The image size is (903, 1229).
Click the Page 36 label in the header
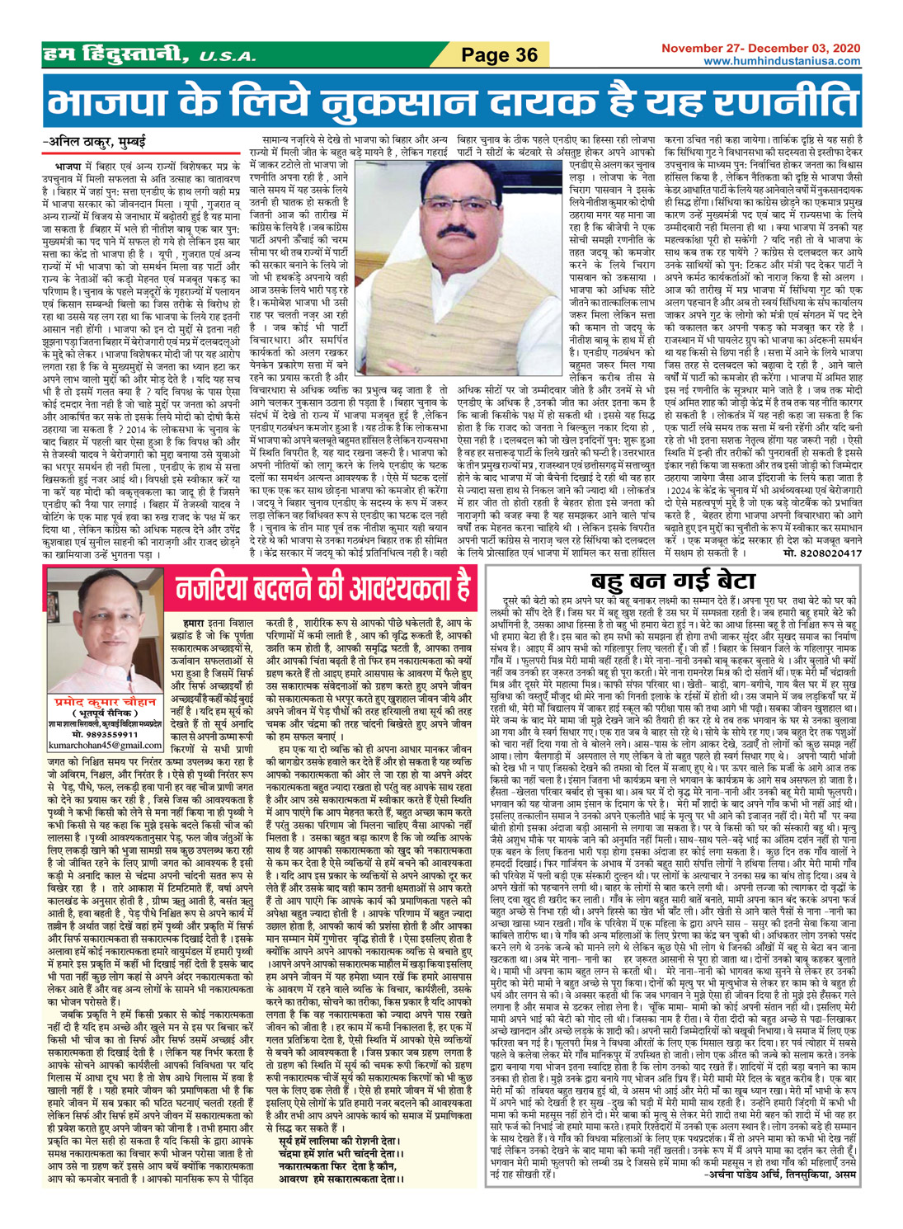(499, 54)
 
